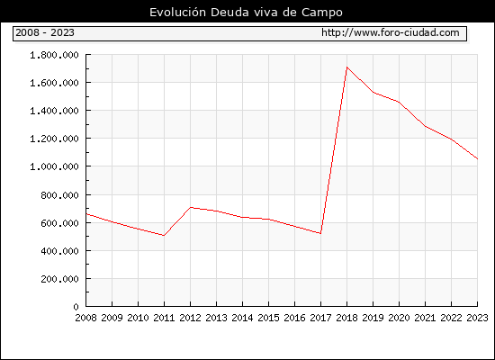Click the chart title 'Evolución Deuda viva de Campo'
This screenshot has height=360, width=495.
[246, 13]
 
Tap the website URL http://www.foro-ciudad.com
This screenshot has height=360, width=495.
[391, 32]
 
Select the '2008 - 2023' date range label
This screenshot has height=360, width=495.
[45, 32]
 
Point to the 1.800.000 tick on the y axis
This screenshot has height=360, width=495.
[54, 55]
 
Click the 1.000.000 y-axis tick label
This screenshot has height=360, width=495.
[54, 166]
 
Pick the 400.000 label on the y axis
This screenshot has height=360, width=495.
[59, 251]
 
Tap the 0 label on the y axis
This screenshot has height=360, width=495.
[76, 307]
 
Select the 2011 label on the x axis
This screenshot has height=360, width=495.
[164, 318]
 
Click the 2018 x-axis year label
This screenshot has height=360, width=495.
[346, 318]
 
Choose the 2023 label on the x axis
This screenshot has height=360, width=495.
[477, 318]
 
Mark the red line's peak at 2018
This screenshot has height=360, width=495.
[346, 67]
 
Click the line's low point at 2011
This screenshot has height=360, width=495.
[164, 236]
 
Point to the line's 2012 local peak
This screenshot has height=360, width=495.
[191, 207]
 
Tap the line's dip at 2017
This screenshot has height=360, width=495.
[320, 234]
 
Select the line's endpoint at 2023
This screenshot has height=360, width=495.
[477, 158]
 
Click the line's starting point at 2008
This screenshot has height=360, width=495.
[86, 214]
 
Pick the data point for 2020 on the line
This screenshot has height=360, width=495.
[399, 102]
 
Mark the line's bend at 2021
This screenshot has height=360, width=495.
[425, 126]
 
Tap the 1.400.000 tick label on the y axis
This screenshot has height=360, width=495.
[54, 111]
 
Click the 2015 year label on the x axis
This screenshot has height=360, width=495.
[269, 318]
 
